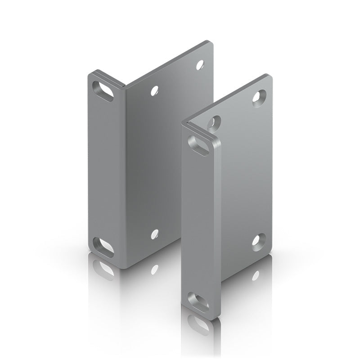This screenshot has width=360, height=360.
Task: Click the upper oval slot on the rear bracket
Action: [103, 91]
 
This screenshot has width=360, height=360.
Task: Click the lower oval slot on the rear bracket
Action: [103, 247]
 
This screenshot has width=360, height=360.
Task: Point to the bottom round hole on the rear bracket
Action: [155, 234]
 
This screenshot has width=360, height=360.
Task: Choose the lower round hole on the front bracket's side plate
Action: [258, 239]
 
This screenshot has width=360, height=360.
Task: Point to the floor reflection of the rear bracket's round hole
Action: [155, 269]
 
